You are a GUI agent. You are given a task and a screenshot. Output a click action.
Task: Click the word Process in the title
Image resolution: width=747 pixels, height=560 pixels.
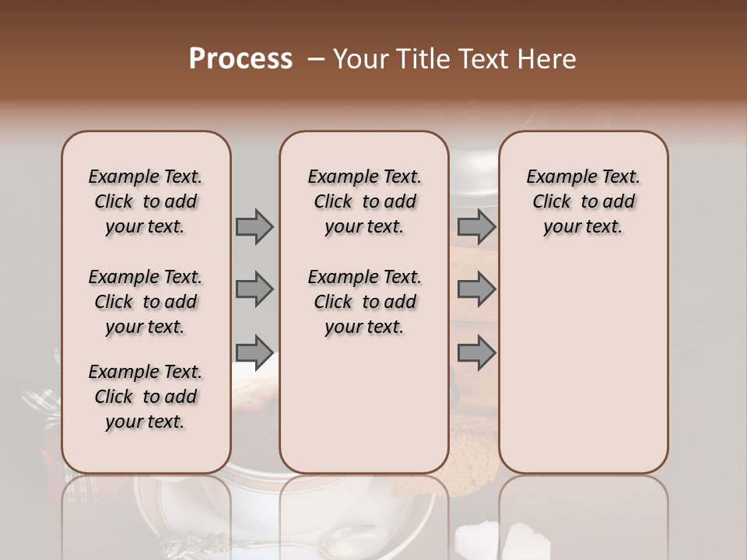coord(240,59)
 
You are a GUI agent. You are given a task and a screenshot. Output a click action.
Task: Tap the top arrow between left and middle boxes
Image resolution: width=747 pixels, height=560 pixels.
coord(254,227)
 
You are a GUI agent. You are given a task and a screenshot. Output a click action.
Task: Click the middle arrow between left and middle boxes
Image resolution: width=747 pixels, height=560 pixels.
coord(254,289)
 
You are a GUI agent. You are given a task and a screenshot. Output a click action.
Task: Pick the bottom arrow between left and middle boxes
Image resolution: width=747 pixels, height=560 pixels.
coord(254,352)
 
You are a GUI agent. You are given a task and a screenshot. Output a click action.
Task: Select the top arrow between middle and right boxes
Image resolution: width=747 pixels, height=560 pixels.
coord(476,227)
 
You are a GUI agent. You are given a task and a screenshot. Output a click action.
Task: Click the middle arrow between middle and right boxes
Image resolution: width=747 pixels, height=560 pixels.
coord(476,289)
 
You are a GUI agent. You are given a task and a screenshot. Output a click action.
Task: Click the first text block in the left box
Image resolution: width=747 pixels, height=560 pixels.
coord(146,202)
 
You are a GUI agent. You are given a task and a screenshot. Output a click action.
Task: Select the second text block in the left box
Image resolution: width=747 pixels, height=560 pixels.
coord(146,302)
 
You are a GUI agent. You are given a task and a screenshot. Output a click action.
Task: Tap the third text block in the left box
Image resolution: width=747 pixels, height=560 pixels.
coord(146,397)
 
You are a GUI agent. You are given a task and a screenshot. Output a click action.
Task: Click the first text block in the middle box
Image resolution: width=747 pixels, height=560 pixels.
coord(364,202)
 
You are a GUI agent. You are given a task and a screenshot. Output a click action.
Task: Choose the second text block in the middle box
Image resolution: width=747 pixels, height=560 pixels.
coord(364,302)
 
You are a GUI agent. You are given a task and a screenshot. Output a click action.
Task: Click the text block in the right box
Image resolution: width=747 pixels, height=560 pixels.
coord(583,202)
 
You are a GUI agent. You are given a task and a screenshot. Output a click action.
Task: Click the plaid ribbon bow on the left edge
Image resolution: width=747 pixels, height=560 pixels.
coord(39,404)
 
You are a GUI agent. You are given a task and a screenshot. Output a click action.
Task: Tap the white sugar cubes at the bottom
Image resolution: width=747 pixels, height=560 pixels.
coord(498,538)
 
